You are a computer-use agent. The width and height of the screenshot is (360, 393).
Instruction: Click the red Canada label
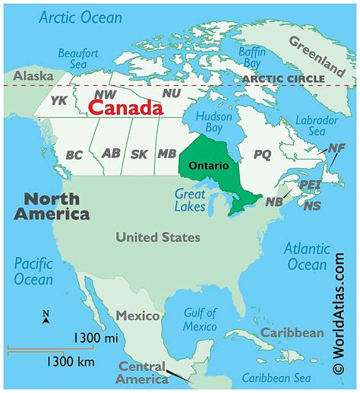[125, 109]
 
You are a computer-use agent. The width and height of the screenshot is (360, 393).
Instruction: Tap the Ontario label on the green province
[208, 165]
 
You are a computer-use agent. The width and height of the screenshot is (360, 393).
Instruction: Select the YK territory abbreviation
[58, 100]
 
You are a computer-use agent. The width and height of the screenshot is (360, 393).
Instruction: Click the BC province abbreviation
[74, 155]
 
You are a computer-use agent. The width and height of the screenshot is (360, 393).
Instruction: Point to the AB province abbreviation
[111, 154]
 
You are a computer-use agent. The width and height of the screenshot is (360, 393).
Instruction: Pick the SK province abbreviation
[140, 154]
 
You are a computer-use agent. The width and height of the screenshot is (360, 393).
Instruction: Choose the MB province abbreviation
[166, 154]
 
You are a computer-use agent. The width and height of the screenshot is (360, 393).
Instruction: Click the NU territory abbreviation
[172, 93]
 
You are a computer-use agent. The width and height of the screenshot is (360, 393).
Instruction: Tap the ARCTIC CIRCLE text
[283, 78]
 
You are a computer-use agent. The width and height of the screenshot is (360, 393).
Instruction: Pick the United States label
[158, 237]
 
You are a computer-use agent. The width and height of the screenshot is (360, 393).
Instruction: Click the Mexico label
[137, 315]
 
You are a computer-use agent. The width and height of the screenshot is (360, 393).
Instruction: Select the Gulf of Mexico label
[200, 319]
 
